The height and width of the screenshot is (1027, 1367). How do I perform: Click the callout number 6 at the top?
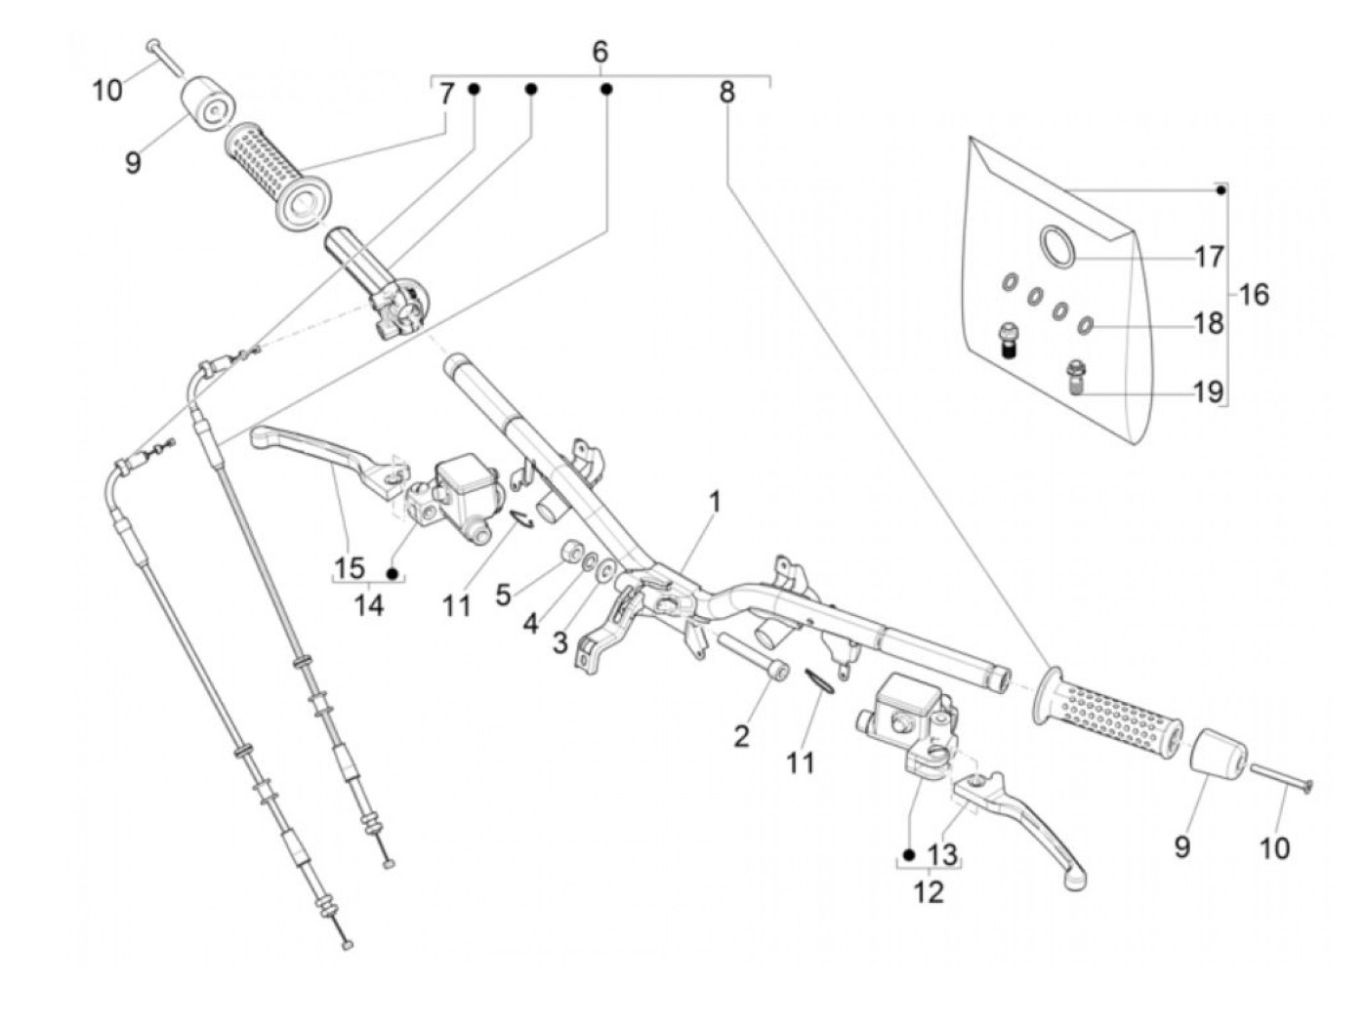600,53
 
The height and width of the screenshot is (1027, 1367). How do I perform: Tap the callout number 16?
1253,295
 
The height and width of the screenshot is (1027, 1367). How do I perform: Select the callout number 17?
1209,257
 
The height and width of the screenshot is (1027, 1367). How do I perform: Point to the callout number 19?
1209,391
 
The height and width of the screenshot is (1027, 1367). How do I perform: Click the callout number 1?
715,502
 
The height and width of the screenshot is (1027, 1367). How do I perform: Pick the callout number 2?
741,737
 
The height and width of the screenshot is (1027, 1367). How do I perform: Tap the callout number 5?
503,596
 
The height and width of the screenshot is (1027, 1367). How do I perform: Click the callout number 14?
369,605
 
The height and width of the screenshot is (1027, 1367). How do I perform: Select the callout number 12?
929,893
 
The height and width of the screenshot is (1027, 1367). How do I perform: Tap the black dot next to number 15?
393,573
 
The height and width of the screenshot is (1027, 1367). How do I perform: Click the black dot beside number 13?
909,854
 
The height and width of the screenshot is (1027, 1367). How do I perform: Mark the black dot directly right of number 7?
474,89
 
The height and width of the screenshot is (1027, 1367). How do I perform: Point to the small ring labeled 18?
1084,324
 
